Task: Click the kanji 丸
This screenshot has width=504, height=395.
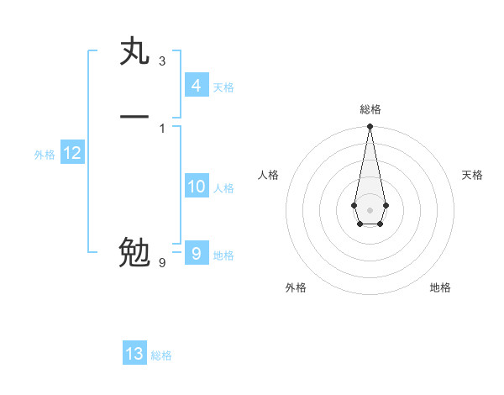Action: click(135, 52)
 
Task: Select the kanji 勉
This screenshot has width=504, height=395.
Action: click(135, 252)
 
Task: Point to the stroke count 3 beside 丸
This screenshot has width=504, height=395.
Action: click(161, 61)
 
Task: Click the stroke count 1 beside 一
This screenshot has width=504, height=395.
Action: click(161, 128)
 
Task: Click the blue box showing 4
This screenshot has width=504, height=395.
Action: click(196, 85)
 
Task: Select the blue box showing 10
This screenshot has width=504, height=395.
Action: click(196, 187)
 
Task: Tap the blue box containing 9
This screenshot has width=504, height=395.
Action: click(196, 253)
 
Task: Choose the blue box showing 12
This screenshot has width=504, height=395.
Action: click(71, 153)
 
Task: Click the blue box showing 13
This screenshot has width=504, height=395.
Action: click(134, 354)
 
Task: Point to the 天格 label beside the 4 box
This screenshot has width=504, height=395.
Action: click(223, 87)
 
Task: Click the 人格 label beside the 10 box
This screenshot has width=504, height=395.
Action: click(223, 189)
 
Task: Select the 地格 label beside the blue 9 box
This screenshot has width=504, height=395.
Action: click(223, 255)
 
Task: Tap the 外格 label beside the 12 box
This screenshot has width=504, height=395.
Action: click(45, 155)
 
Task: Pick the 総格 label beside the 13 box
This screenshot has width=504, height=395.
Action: click(161, 356)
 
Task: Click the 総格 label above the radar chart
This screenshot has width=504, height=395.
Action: click(370, 109)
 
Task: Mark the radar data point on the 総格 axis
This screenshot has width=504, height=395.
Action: click(370, 127)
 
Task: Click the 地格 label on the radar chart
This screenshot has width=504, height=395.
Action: click(440, 288)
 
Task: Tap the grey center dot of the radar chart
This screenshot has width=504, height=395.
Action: click(370, 208)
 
